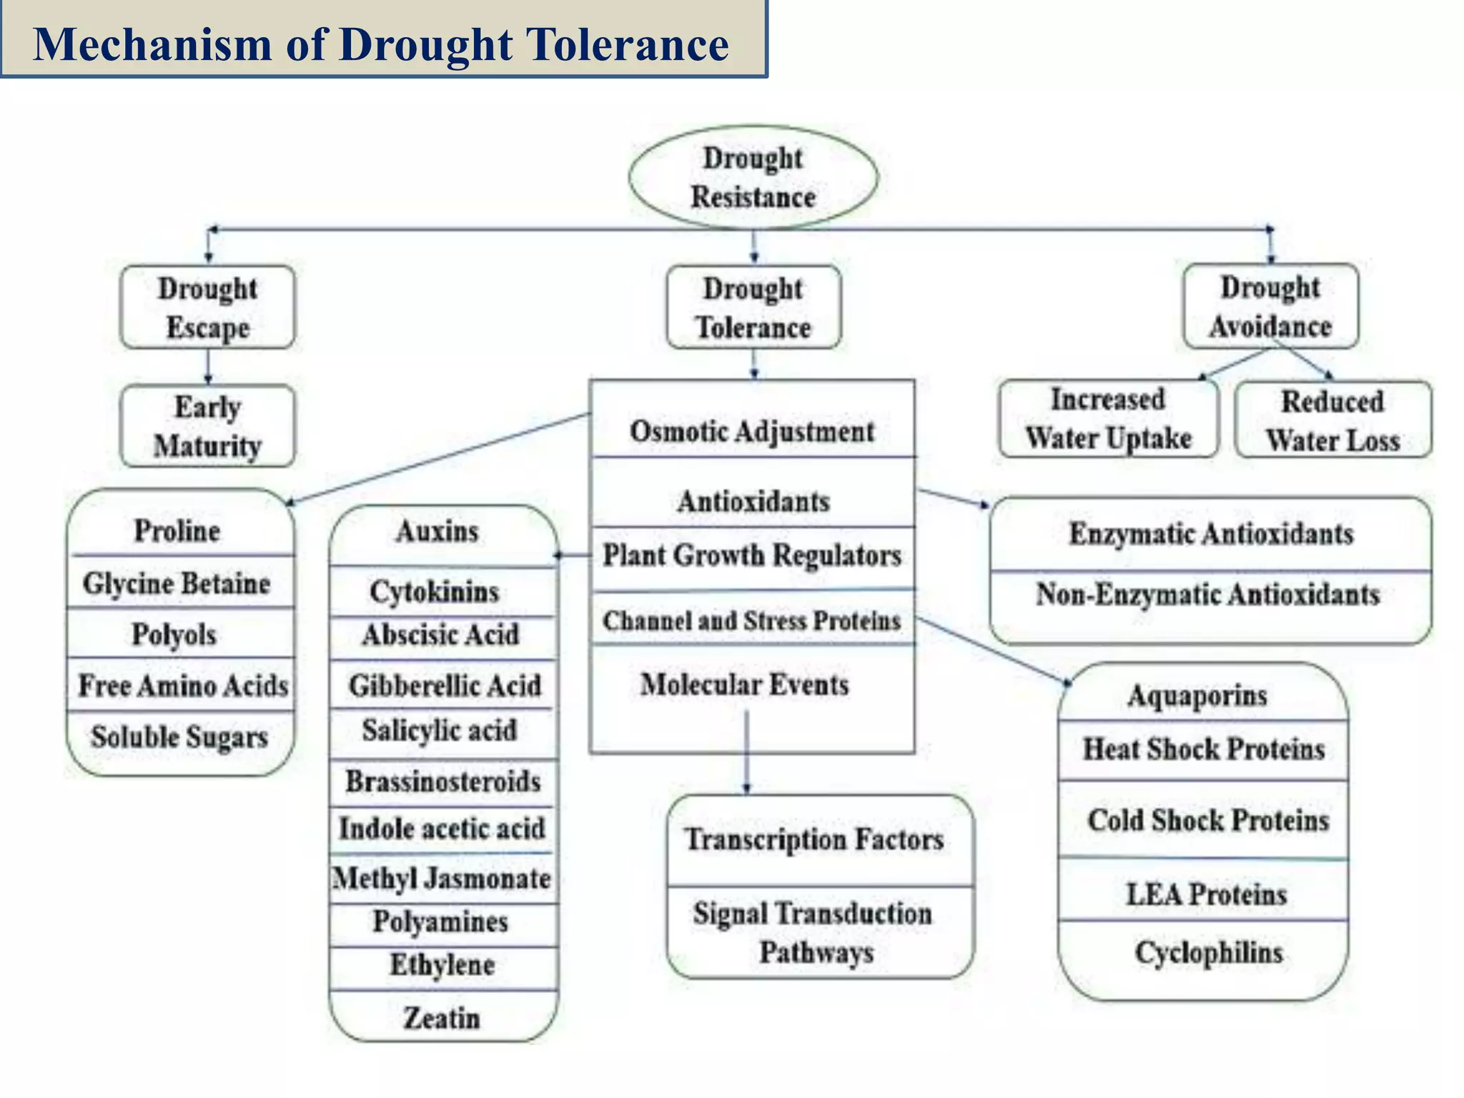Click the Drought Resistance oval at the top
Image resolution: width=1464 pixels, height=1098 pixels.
pyautogui.click(x=753, y=177)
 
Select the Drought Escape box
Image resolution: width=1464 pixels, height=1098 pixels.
pyautogui.click(x=207, y=307)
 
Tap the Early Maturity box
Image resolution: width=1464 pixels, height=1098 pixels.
pyautogui.click(x=207, y=426)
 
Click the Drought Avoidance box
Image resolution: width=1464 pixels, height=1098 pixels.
pyautogui.click(x=1270, y=307)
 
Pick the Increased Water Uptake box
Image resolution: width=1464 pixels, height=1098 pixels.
pyautogui.click(x=1108, y=419)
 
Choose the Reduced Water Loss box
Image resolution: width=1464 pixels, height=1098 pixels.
pyautogui.click(x=1332, y=420)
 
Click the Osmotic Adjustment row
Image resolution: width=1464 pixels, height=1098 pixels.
pyautogui.click(x=752, y=431)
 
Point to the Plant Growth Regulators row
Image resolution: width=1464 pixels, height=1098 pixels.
pyautogui.click(x=752, y=555)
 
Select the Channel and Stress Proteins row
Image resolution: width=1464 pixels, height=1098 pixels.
pyautogui.click(x=752, y=620)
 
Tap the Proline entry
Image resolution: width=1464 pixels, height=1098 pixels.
pyautogui.click(x=177, y=531)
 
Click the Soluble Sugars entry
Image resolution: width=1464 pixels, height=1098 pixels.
pyautogui.click(x=179, y=736)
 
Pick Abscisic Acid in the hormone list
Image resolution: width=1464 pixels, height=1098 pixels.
pyautogui.click(x=441, y=635)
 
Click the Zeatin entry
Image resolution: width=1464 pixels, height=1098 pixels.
pyautogui.click(x=442, y=1018)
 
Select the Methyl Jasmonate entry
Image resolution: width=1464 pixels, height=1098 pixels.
pyautogui.click(x=442, y=878)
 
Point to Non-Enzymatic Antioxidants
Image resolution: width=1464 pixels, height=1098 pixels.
pyautogui.click(x=1208, y=595)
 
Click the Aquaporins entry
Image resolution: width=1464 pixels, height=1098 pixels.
pyautogui.click(x=1197, y=695)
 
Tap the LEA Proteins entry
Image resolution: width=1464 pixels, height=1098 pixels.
pyautogui.click(x=1206, y=894)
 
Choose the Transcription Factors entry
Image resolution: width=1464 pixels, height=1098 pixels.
pyautogui.click(x=815, y=839)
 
